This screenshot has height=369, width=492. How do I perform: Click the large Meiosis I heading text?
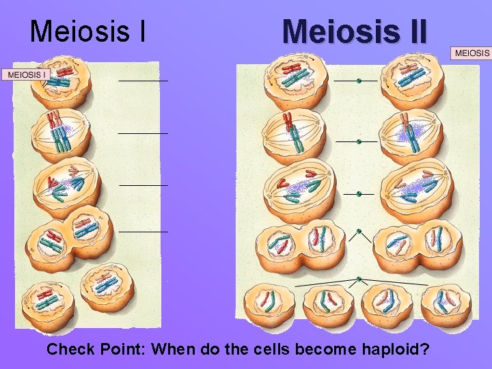[x=87, y=30]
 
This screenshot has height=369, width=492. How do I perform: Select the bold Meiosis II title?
[x=354, y=31]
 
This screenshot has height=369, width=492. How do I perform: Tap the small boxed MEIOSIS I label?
[x=27, y=74]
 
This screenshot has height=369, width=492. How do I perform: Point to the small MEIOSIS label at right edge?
[x=472, y=53]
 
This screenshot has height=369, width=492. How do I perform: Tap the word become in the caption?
[x=318, y=350]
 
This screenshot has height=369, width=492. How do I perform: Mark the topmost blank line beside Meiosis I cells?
[x=143, y=81]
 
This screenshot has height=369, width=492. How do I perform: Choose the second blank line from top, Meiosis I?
[x=143, y=133]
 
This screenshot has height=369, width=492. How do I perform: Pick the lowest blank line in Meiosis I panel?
[x=143, y=232]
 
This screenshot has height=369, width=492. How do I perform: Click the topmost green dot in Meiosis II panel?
[x=358, y=81]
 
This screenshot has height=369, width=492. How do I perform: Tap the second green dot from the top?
[x=358, y=141]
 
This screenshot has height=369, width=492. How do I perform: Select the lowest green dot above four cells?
[x=358, y=279]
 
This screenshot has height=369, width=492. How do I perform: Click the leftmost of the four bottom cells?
[x=270, y=305]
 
